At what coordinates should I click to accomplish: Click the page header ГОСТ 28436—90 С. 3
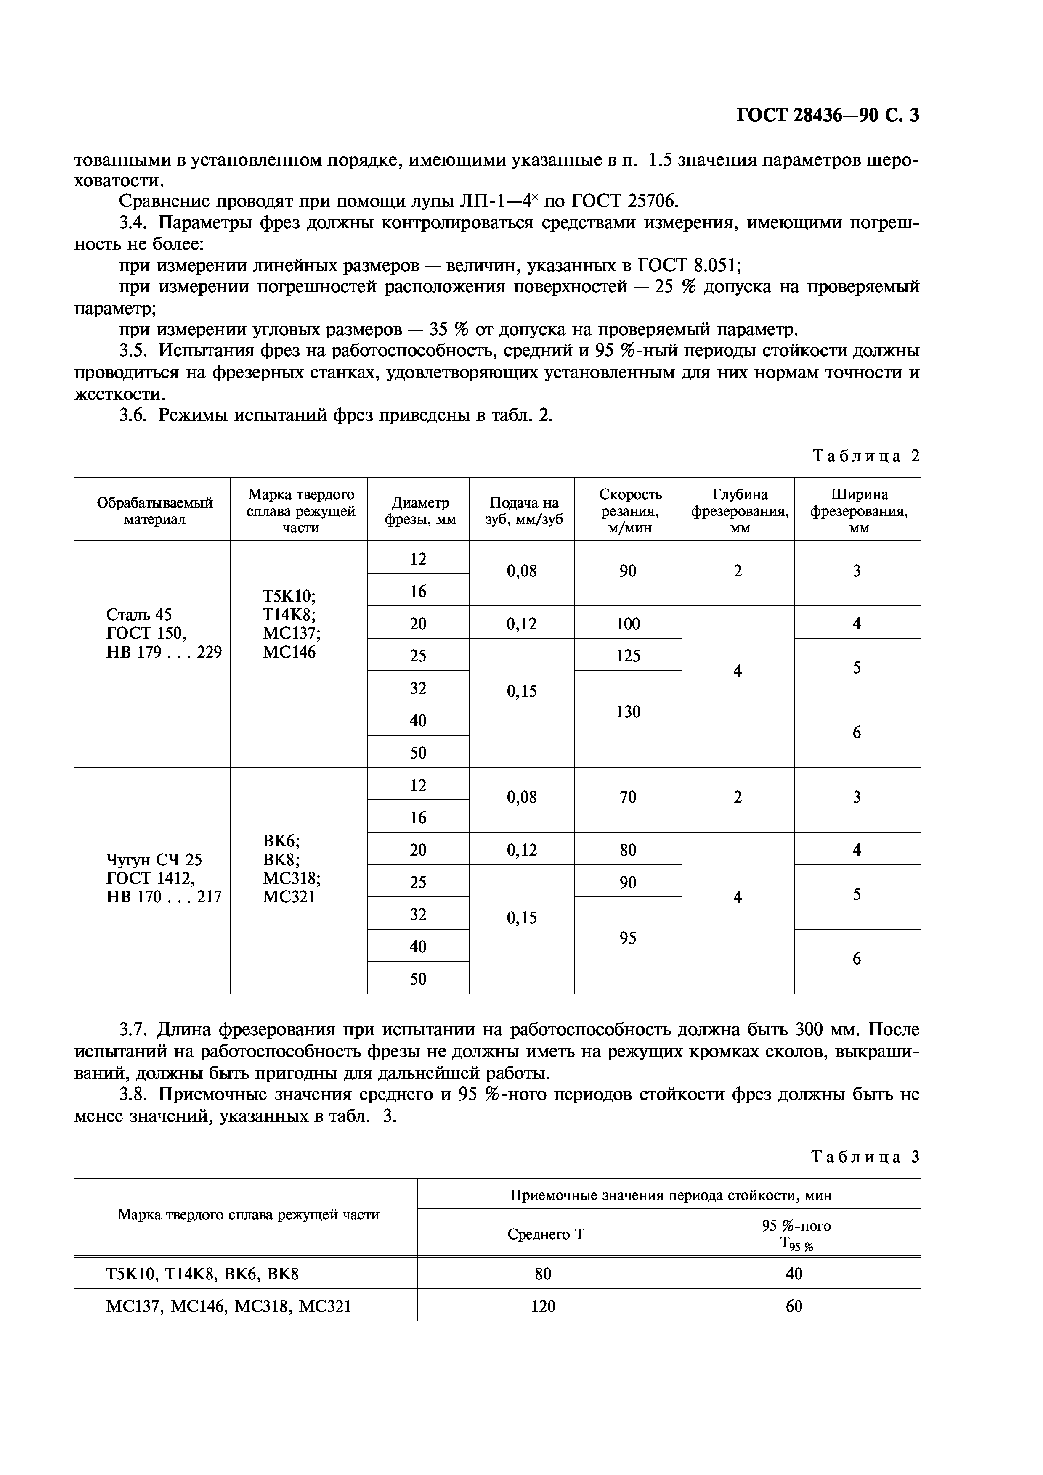828,115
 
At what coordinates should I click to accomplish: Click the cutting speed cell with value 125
628,655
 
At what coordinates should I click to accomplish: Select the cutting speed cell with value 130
628,711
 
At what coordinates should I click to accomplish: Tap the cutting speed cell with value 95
628,938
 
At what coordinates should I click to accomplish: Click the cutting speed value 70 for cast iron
628,797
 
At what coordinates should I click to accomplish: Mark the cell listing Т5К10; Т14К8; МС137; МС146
292,624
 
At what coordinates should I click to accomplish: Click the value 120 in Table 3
543,1306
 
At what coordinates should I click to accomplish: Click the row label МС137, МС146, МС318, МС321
228,1306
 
